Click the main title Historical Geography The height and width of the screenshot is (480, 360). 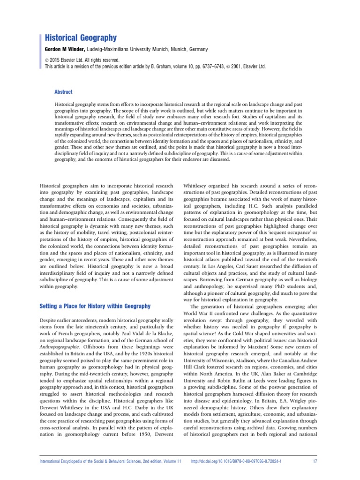[80, 37]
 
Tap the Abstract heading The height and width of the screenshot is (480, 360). [64, 92]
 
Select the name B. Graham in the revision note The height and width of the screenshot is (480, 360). [161, 67]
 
